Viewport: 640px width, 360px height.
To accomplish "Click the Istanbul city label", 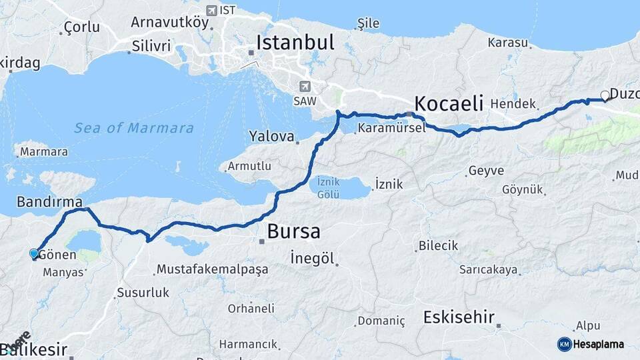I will pos(295,43).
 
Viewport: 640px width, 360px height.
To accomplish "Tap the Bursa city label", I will pos(293,231).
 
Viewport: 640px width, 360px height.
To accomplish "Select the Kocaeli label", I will pos(448,103).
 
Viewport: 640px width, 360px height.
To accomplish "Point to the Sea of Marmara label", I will pos(133,128).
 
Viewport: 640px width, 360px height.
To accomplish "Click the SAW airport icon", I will pos(305,86).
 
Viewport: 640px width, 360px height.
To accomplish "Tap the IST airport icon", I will pos(212,10).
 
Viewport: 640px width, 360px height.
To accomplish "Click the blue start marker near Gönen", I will pos(34,253).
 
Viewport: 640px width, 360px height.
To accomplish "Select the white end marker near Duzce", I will pos(605,95).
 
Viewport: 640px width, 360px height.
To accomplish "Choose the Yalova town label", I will pos(271,137).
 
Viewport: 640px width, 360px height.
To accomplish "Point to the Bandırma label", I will pos(49,201).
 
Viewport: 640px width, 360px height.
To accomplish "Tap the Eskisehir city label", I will pos(459,317).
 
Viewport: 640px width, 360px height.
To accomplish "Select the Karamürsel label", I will pos(391,128).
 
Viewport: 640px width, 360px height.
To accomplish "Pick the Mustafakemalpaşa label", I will pos(211,269).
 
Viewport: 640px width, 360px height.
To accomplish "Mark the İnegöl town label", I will pos(312,257).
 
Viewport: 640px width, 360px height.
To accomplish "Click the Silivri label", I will pos(151,46).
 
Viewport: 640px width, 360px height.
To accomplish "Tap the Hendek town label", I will pos(513,104).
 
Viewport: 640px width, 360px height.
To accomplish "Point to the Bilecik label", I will pos(438,245).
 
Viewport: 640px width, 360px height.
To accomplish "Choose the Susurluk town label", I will pos(143,292).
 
